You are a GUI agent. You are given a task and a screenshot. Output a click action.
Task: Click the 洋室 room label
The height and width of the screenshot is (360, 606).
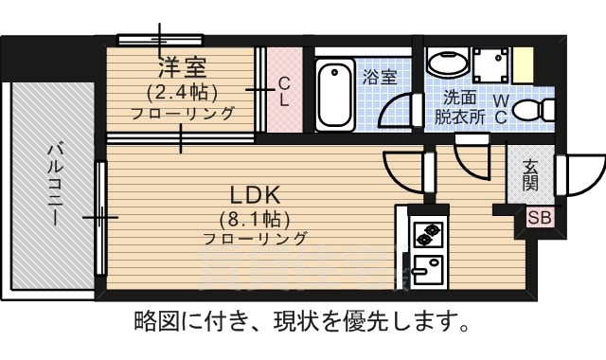[x=183, y=67]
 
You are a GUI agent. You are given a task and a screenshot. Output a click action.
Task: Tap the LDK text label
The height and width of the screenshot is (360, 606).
[x=255, y=194]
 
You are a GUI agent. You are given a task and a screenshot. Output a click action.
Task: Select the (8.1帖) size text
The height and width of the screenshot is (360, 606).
[x=255, y=217]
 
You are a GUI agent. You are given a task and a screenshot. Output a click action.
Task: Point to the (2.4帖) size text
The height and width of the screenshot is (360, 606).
[x=183, y=92]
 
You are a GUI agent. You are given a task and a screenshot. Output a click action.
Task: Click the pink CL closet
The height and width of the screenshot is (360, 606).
[x=283, y=91]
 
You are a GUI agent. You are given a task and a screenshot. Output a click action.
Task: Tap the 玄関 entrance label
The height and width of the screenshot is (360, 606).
[x=530, y=173]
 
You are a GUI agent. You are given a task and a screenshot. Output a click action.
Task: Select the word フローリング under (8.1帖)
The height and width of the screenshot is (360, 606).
[x=255, y=239]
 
